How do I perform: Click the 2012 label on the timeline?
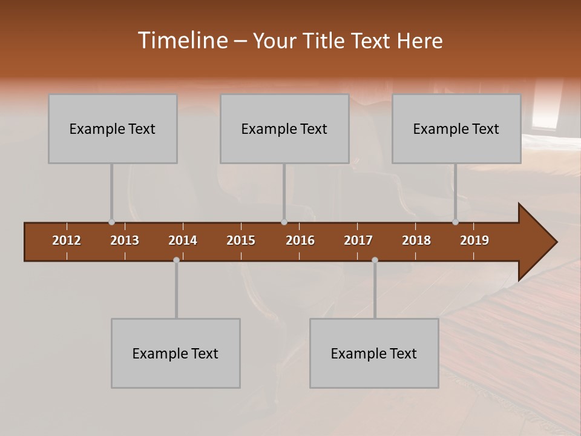point(67,240)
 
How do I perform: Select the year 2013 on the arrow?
point(125,240)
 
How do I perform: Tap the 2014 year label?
point(183,240)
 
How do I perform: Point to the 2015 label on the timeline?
point(241,240)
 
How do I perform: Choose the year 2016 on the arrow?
point(300,240)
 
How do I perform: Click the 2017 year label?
point(358,240)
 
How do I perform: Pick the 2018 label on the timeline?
point(416,240)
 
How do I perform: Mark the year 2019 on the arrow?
point(474,240)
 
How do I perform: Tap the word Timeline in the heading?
point(182,41)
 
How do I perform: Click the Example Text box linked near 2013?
point(113,129)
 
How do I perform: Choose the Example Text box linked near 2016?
point(284,129)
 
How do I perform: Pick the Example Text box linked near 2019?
point(456,129)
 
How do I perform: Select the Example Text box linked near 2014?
point(176,353)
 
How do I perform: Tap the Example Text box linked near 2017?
point(374,353)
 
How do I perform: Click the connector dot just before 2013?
point(111,222)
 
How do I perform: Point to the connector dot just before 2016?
point(284,222)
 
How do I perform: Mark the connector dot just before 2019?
point(455,222)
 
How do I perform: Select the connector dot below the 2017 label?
point(375,260)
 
